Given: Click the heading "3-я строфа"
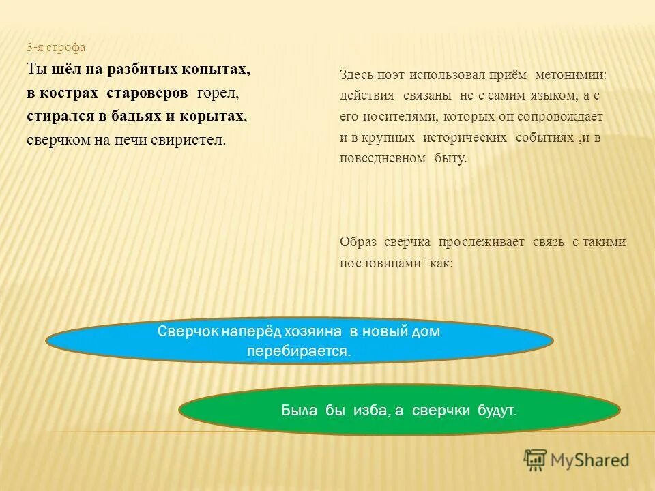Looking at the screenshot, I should click(57, 48).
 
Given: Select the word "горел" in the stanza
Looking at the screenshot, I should click(217, 93).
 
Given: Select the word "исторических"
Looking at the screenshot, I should click(464, 138).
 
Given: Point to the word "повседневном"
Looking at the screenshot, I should click(383, 158).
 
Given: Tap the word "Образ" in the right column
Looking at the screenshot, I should click(358, 242).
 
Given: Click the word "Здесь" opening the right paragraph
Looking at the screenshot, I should click(355, 75).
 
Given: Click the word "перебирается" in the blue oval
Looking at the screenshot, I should click(298, 352).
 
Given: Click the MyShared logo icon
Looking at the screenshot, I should click(536, 460).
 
